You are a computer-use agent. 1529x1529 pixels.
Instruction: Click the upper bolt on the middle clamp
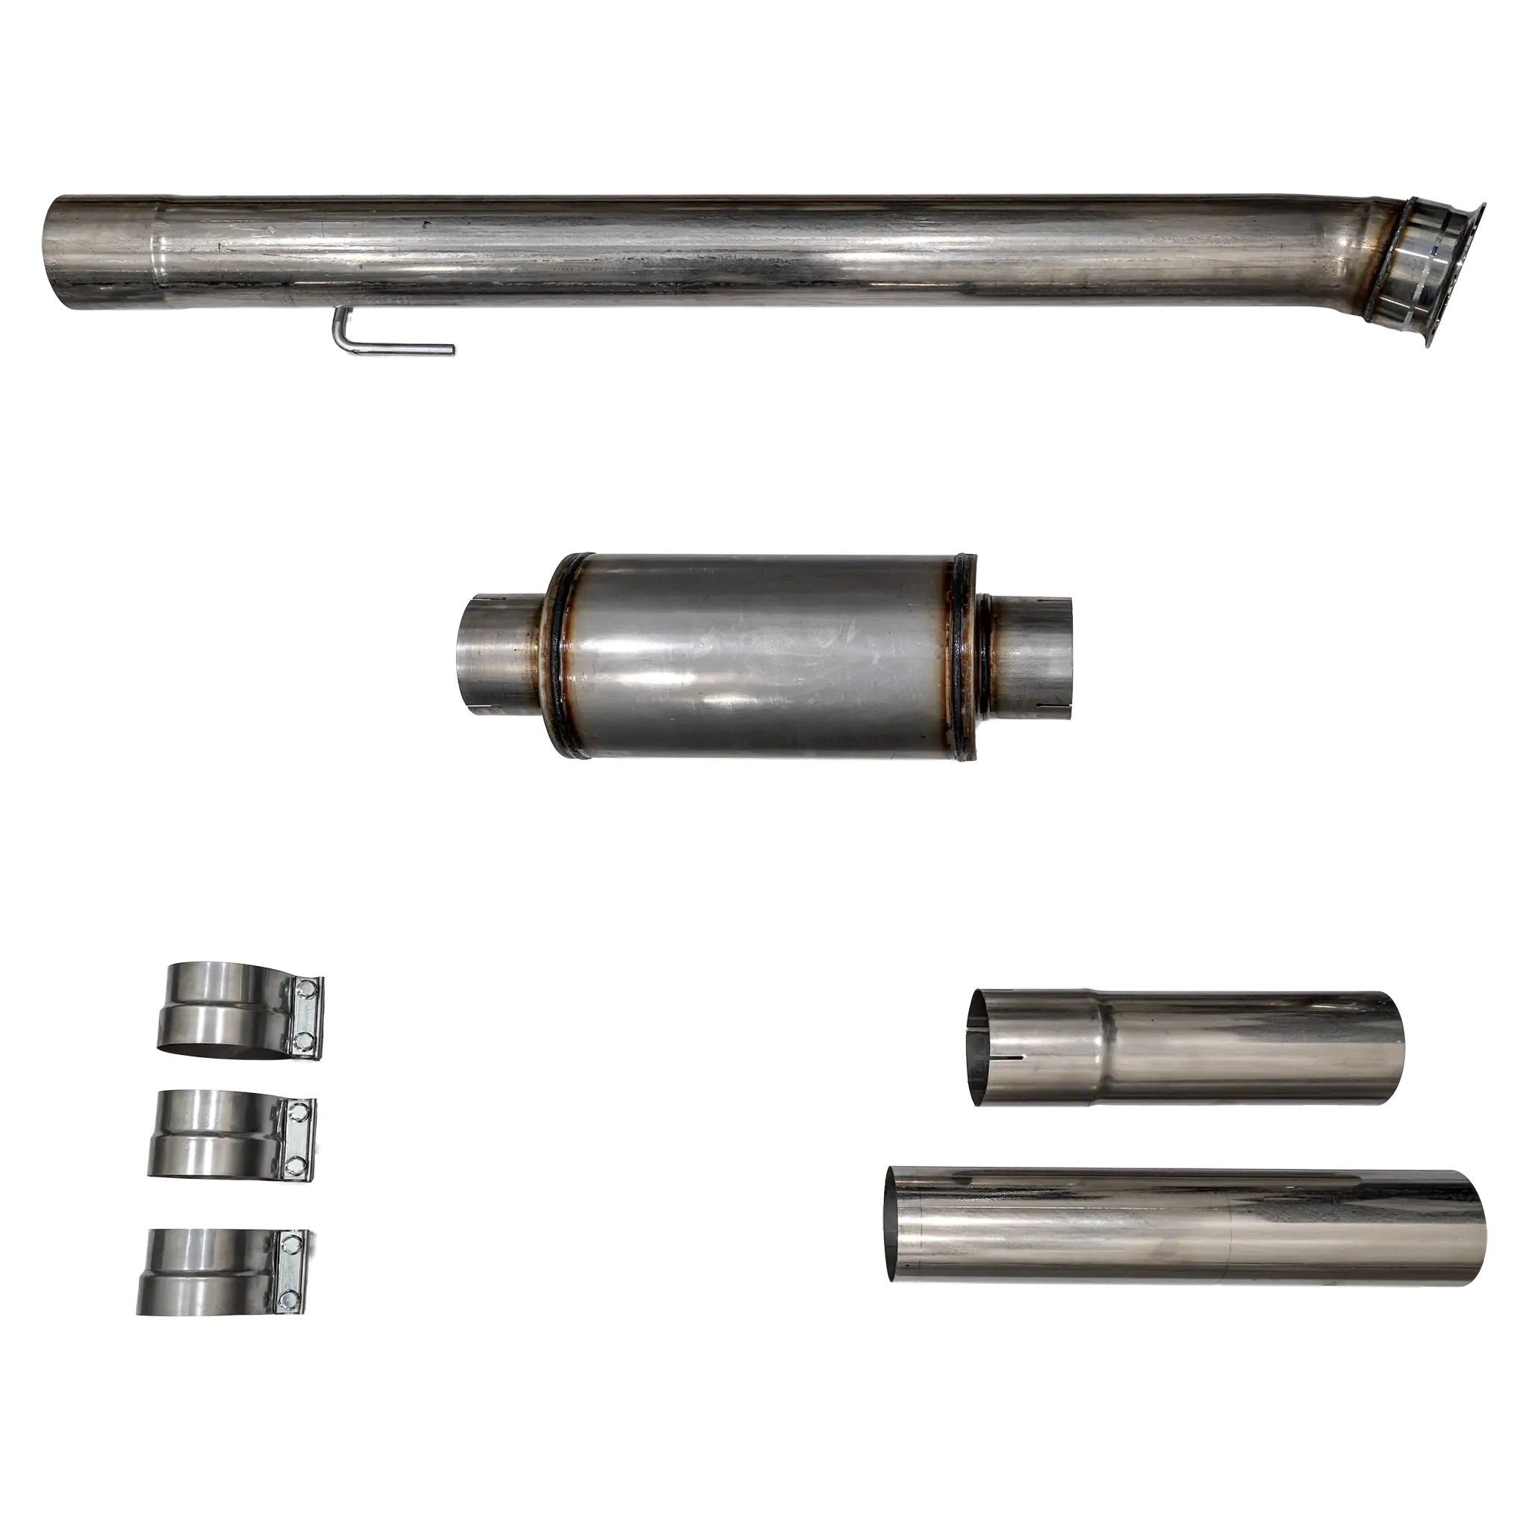(298, 1112)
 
